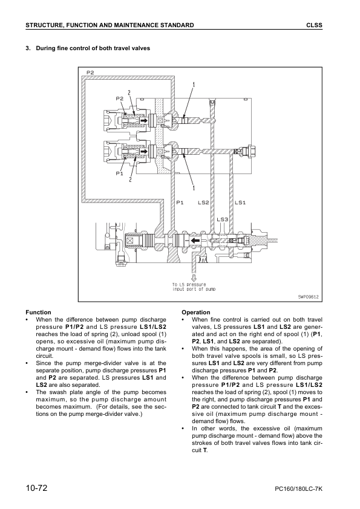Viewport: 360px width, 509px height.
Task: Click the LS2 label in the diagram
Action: point(203,202)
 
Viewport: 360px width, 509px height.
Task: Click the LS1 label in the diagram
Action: point(240,202)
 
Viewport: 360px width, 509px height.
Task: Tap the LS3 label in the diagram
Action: point(222,219)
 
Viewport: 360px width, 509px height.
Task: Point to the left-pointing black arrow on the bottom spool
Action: point(196,241)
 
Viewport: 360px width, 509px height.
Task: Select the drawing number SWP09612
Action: point(308,296)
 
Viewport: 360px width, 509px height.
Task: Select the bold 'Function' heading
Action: point(39,313)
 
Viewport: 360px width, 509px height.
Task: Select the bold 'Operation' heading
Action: point(196,313)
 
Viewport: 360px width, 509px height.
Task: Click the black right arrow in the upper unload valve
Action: point(144,120)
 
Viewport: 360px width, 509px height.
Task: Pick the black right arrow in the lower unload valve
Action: point(144,155)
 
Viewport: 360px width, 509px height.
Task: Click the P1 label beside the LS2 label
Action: point(179,202)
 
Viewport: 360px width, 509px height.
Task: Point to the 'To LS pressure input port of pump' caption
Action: point(194,287)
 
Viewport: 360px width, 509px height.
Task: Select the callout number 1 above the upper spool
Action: point(194,84)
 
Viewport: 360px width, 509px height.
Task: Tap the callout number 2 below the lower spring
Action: point(129,180)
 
